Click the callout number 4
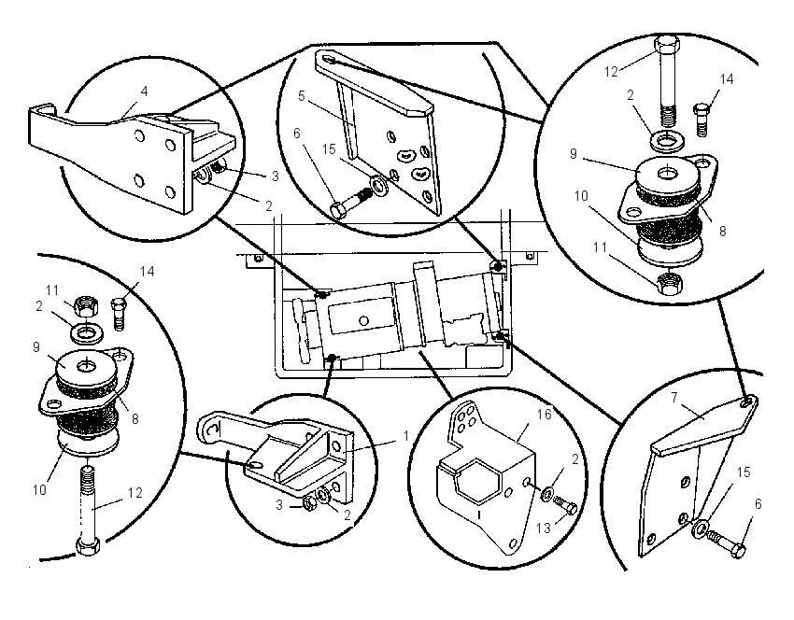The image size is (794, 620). click(x=144, y=92)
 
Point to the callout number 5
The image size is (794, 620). click(x=302, y=95)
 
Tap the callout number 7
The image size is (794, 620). click(x=674, y=398)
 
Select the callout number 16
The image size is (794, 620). click(x=544, y=414)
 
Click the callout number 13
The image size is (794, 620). click(x=543, y=528)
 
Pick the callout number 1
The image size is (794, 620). click(x=405, y=436)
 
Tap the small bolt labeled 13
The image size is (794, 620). click(x=566, y=504)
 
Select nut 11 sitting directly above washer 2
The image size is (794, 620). click(x=85, y=306)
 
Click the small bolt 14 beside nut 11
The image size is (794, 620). click(x=118, y=315)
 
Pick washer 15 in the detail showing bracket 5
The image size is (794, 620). click(x=377, y=186)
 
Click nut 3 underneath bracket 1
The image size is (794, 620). click(x=308, y=502)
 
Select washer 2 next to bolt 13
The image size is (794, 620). click(x=547, y=493)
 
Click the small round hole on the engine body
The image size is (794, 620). click(x=362, y=320)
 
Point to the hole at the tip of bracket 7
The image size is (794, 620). click(x=747, y=402)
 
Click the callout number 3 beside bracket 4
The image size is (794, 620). click(x=276, y=176)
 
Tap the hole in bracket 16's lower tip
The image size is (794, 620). click(x=513, y=543)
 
